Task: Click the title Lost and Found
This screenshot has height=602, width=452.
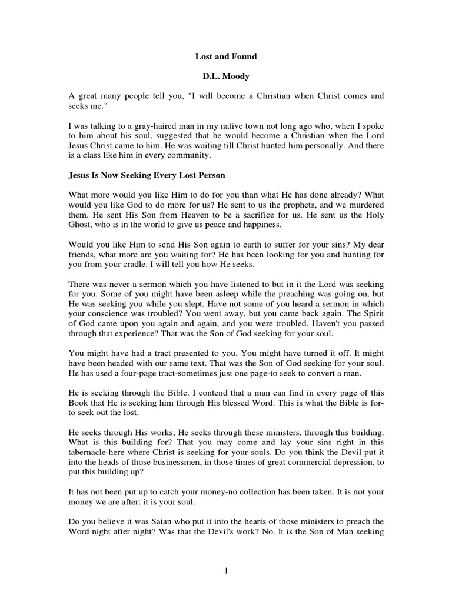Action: coord(226,57)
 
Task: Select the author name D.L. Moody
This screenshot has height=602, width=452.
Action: coord(226,76)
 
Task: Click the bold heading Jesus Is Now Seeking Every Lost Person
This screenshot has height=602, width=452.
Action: coord(151,176)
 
